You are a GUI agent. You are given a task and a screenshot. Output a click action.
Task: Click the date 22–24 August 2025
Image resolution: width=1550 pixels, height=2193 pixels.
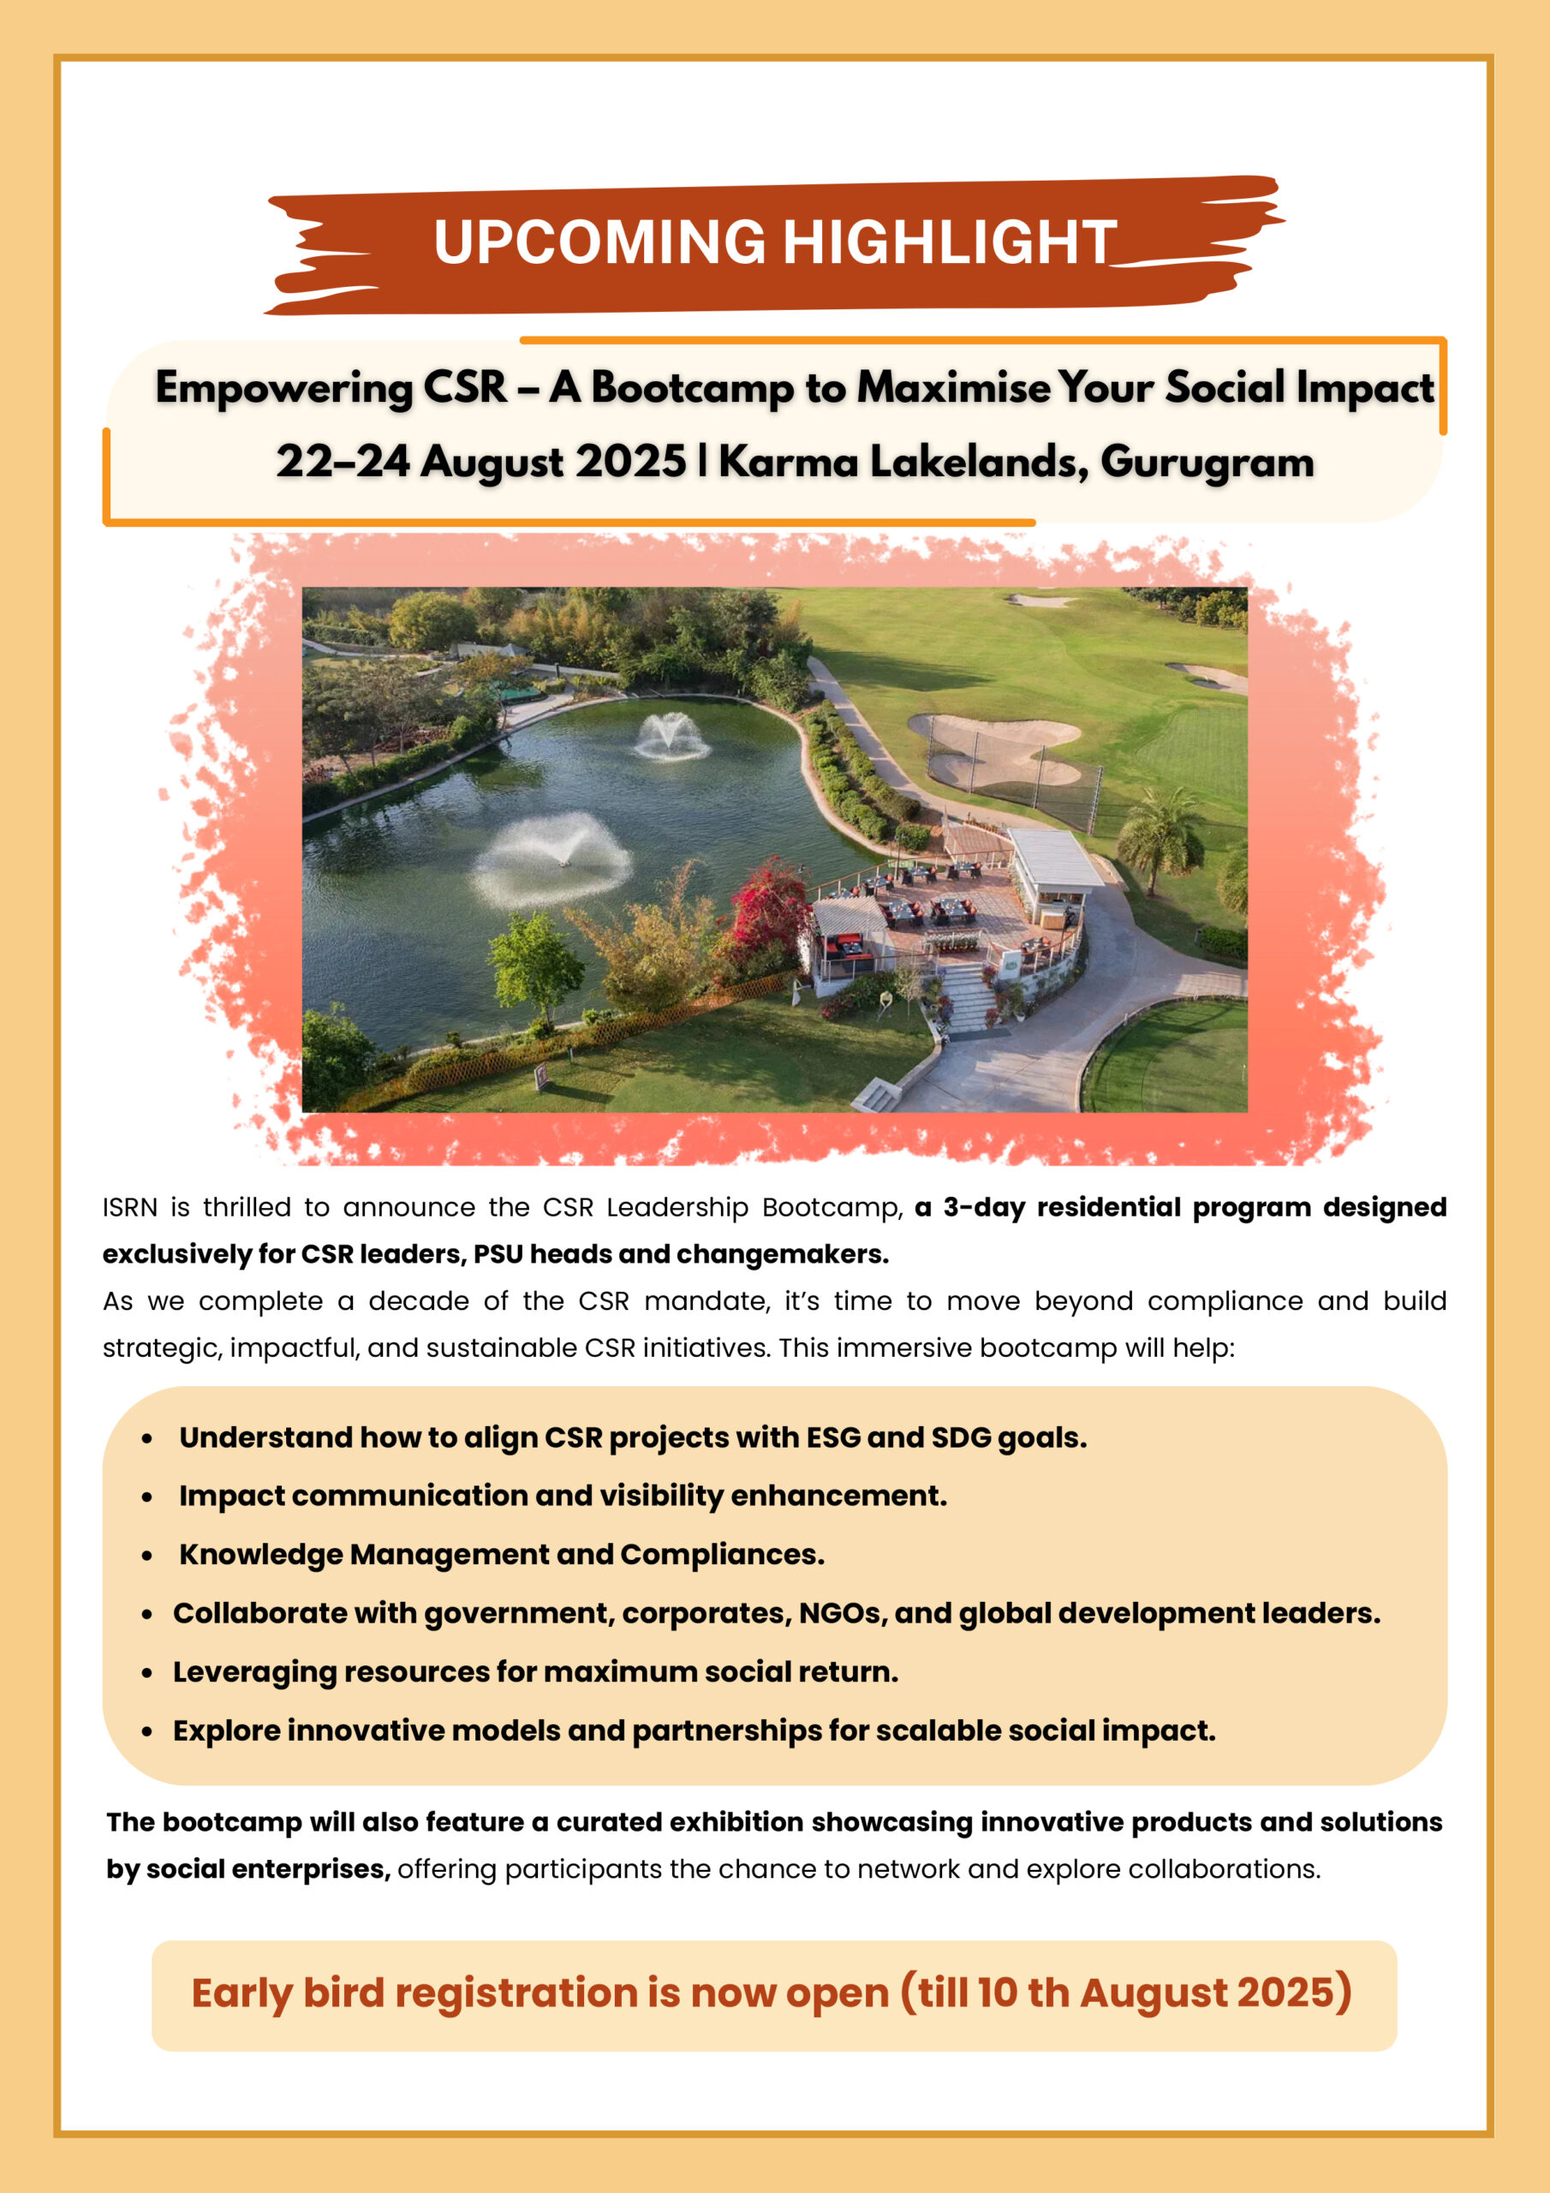coord(480,462)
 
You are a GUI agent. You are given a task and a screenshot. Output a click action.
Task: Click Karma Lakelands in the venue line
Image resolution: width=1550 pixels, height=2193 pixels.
coord(903,462)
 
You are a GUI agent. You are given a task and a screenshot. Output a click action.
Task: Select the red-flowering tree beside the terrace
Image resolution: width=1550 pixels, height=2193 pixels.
coord(769,903)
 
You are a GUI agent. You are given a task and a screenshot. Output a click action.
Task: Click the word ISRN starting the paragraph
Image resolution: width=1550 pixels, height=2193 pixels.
coord(129,1207)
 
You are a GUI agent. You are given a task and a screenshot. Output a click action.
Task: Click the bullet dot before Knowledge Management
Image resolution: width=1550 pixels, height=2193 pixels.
coord(147,1556)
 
